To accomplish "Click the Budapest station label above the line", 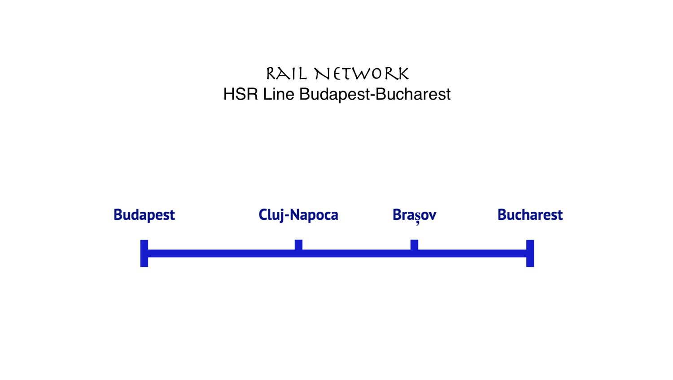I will pyautogui.click(x=144, y=215).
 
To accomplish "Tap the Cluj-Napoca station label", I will pyautogui.click(x=298, y=215).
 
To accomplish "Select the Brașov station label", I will pyautogui.click(x=414, y=215).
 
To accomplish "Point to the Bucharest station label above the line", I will pyautogui.click(x=530, y=215).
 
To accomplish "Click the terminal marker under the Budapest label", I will pyautogui.click(x=144, y=253).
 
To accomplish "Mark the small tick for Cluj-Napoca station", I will pyautogui.click(x=298, y=245).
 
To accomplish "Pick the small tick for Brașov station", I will pyautogui.click(x=414, y=245).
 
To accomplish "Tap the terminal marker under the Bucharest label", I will pyautogui.click(x=530, y=253).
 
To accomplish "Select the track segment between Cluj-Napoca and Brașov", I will pyautogui.click(x=356, y=253).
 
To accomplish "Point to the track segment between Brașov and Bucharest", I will pyautogui.click(x=471, y=253).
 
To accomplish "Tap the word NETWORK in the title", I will pyautogui.click(x=362, y=74).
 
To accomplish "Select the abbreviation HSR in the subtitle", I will pyautogui.click(x=240, y=94).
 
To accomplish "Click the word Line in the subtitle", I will pyautogui.click(x=279, y=94).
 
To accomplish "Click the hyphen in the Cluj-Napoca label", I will pyautogui.click(x=287, y=216).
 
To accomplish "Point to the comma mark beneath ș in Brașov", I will pyautogui.click(x=418, y=223).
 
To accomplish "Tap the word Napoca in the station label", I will pyautogui.click(x=314, y=215).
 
